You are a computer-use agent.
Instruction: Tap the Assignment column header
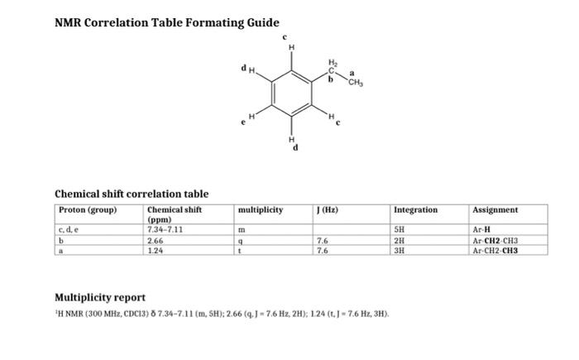[495, 210]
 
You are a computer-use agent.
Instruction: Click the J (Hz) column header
[327, 210]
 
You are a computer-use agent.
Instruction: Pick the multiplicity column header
[260, 210]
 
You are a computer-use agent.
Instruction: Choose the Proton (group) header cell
[89, 210]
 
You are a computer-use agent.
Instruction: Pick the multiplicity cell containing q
[241, 240]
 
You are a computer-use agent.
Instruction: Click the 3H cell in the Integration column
[401, 249]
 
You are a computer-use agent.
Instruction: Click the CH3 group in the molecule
[356, 82]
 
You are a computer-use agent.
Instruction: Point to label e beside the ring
[242, 122]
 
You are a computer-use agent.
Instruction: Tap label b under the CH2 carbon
[329, 80]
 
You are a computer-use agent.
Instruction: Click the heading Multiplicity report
[100, 297]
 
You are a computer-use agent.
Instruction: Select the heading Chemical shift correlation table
[132, 194]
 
